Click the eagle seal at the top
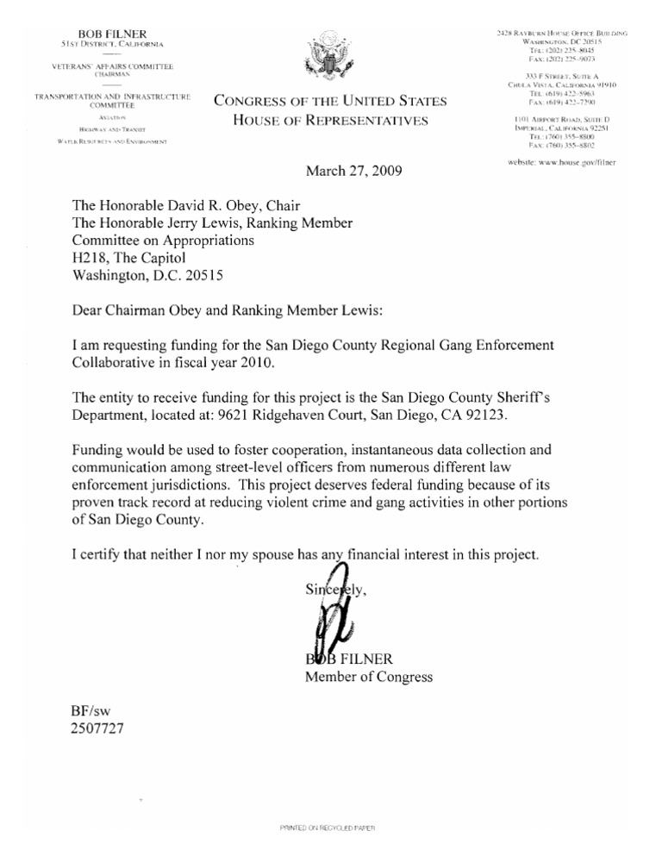[331, 62]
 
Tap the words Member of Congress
[368, 677]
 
